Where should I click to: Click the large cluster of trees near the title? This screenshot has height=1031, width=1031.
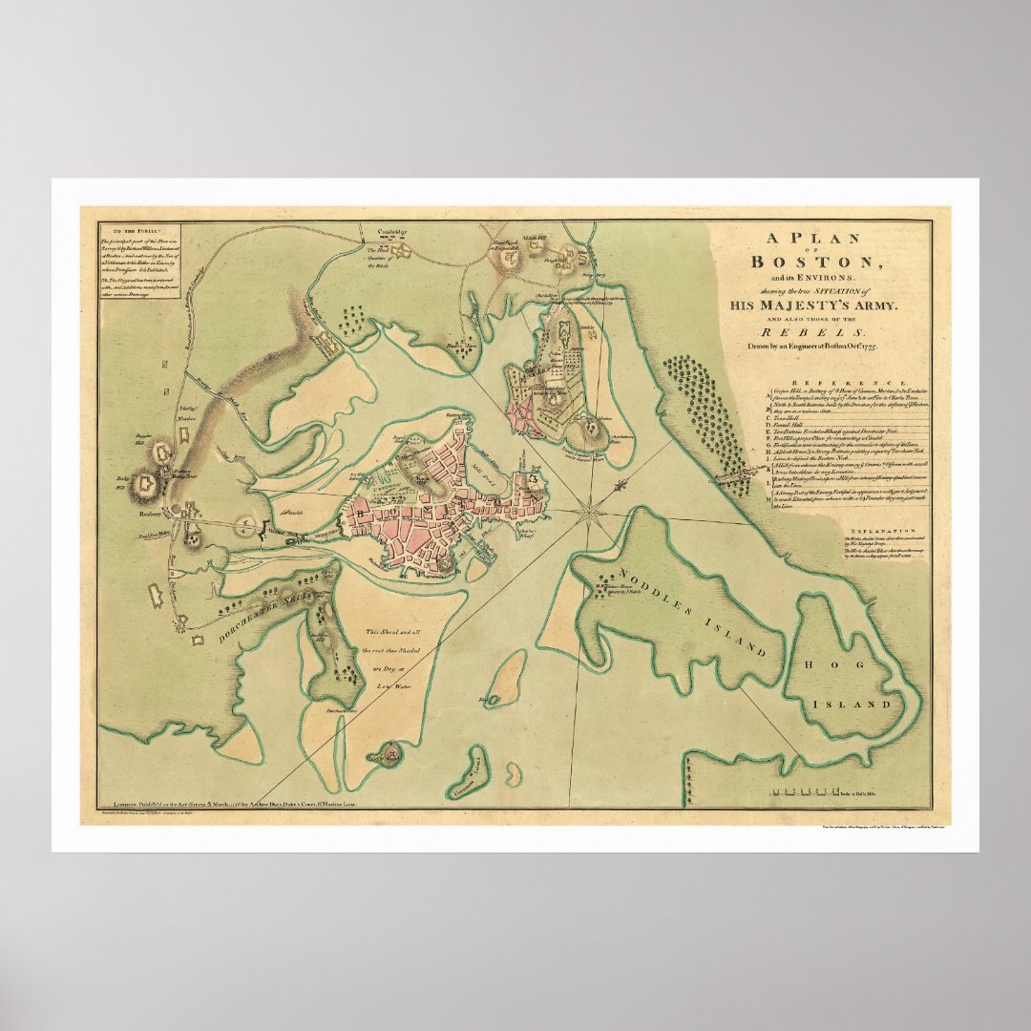(706, 415)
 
